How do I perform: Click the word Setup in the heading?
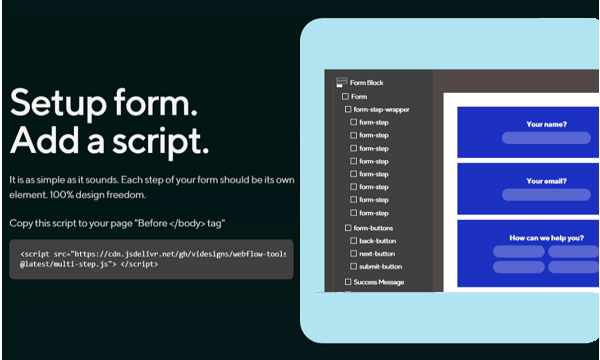pyautogui.click(x=53, y=103)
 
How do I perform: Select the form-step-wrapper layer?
pyautogui.click(x=381, y=109)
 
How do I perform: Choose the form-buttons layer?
pyautogui.click(x=374, y=229)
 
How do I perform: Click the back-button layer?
pyautogui.click(x=379, y=242)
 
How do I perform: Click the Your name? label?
pyautogui.click(x=547, y=124)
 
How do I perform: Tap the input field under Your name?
pyautogui.click(x=547, y=138)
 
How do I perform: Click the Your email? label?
pyautogui.click(x=547, y=182)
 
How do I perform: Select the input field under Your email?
pyautogui.click(x=547, y=196)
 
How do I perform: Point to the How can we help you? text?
pyautogui.click(x=547, y=238)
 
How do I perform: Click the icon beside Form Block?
pyautogui.click(x=341, y=83)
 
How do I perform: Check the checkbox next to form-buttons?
pyautogui.click(x=347, y=229)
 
